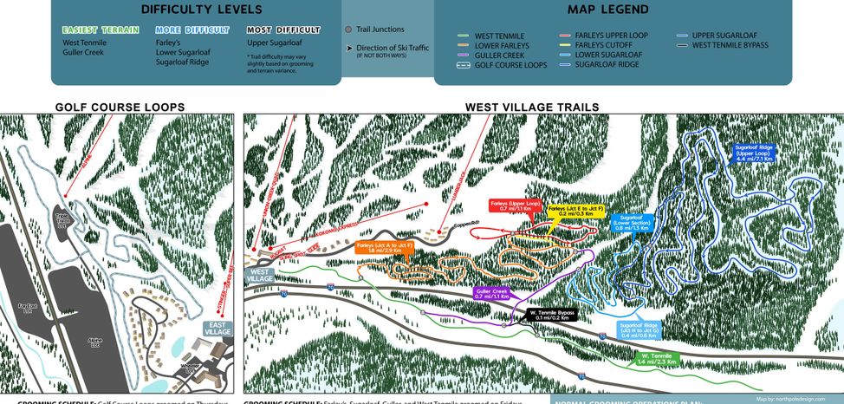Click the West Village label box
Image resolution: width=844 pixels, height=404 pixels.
point(260,274)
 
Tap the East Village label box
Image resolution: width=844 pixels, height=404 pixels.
point(217,328)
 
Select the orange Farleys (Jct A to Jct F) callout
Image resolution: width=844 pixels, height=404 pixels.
point(384,247)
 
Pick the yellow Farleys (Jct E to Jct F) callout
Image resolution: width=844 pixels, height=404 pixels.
point(569,211)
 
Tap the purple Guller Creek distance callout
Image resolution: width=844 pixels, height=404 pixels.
point(490,294)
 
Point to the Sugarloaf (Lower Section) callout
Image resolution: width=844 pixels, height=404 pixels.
point(631,223)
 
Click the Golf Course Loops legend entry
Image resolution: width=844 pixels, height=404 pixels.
point(503,65)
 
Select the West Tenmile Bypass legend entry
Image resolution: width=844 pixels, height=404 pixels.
point(730,45)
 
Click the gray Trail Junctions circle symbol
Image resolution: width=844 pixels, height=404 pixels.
point(347,29)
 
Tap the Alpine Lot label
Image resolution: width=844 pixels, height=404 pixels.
point(95,341)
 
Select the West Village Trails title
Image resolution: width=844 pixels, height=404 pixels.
point(531,108)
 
